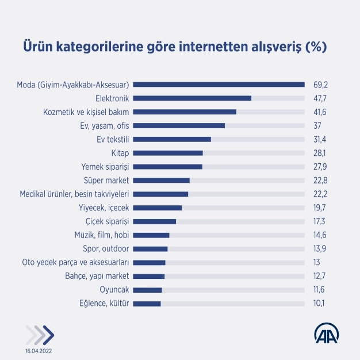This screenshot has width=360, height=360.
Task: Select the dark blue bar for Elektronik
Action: coord(196,98)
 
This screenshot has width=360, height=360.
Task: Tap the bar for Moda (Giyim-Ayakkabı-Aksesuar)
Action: coord(222,85)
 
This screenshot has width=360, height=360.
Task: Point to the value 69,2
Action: coord(320,85)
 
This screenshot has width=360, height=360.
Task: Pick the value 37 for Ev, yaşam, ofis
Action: coord(317,125)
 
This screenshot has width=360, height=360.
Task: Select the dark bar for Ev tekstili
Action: coord(175,139)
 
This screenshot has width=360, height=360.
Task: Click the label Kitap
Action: coord(122,153)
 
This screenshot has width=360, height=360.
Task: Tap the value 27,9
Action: coord(320,167)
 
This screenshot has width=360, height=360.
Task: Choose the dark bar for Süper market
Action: coord(164,181)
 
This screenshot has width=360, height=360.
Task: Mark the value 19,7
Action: coord(320,208)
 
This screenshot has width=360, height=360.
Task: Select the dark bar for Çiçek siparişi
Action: coord(158,221)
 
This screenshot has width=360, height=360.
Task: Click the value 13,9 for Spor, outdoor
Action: coord(320,249)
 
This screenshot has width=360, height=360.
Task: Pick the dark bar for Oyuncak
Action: coord(151,290)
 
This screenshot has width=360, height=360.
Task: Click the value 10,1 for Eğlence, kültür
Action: coord(320,304)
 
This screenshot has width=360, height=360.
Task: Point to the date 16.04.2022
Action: coord(37,350)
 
